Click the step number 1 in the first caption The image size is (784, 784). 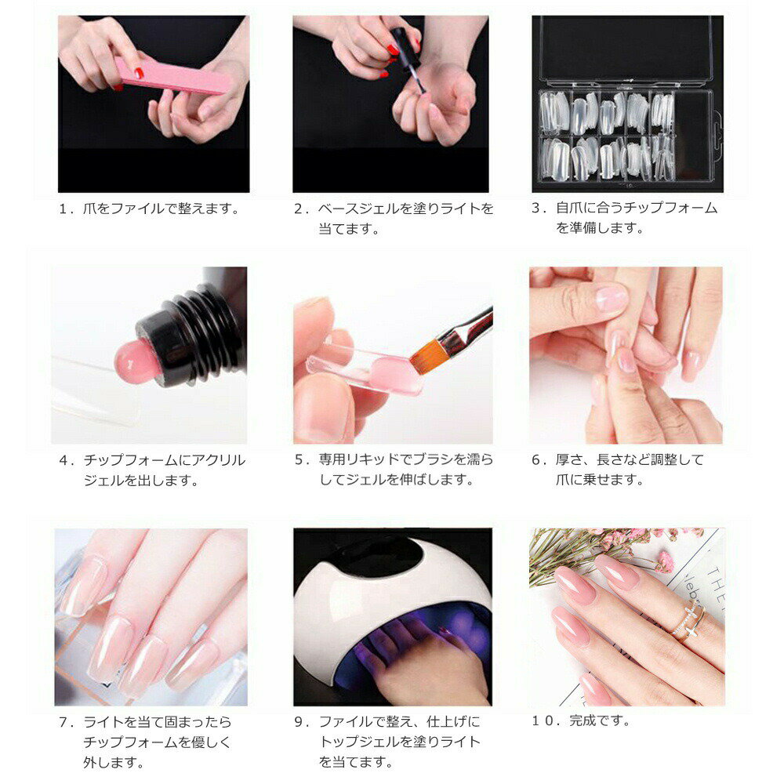(64, 209)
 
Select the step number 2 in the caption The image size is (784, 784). (299, 209)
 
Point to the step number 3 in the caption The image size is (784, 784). (537, 209)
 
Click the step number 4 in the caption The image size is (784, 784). (64, 460)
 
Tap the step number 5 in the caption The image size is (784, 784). (299, 460)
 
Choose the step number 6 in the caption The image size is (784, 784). (537, 460)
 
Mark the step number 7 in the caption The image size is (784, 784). (64, 721)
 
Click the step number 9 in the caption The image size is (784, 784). (299, 721)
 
